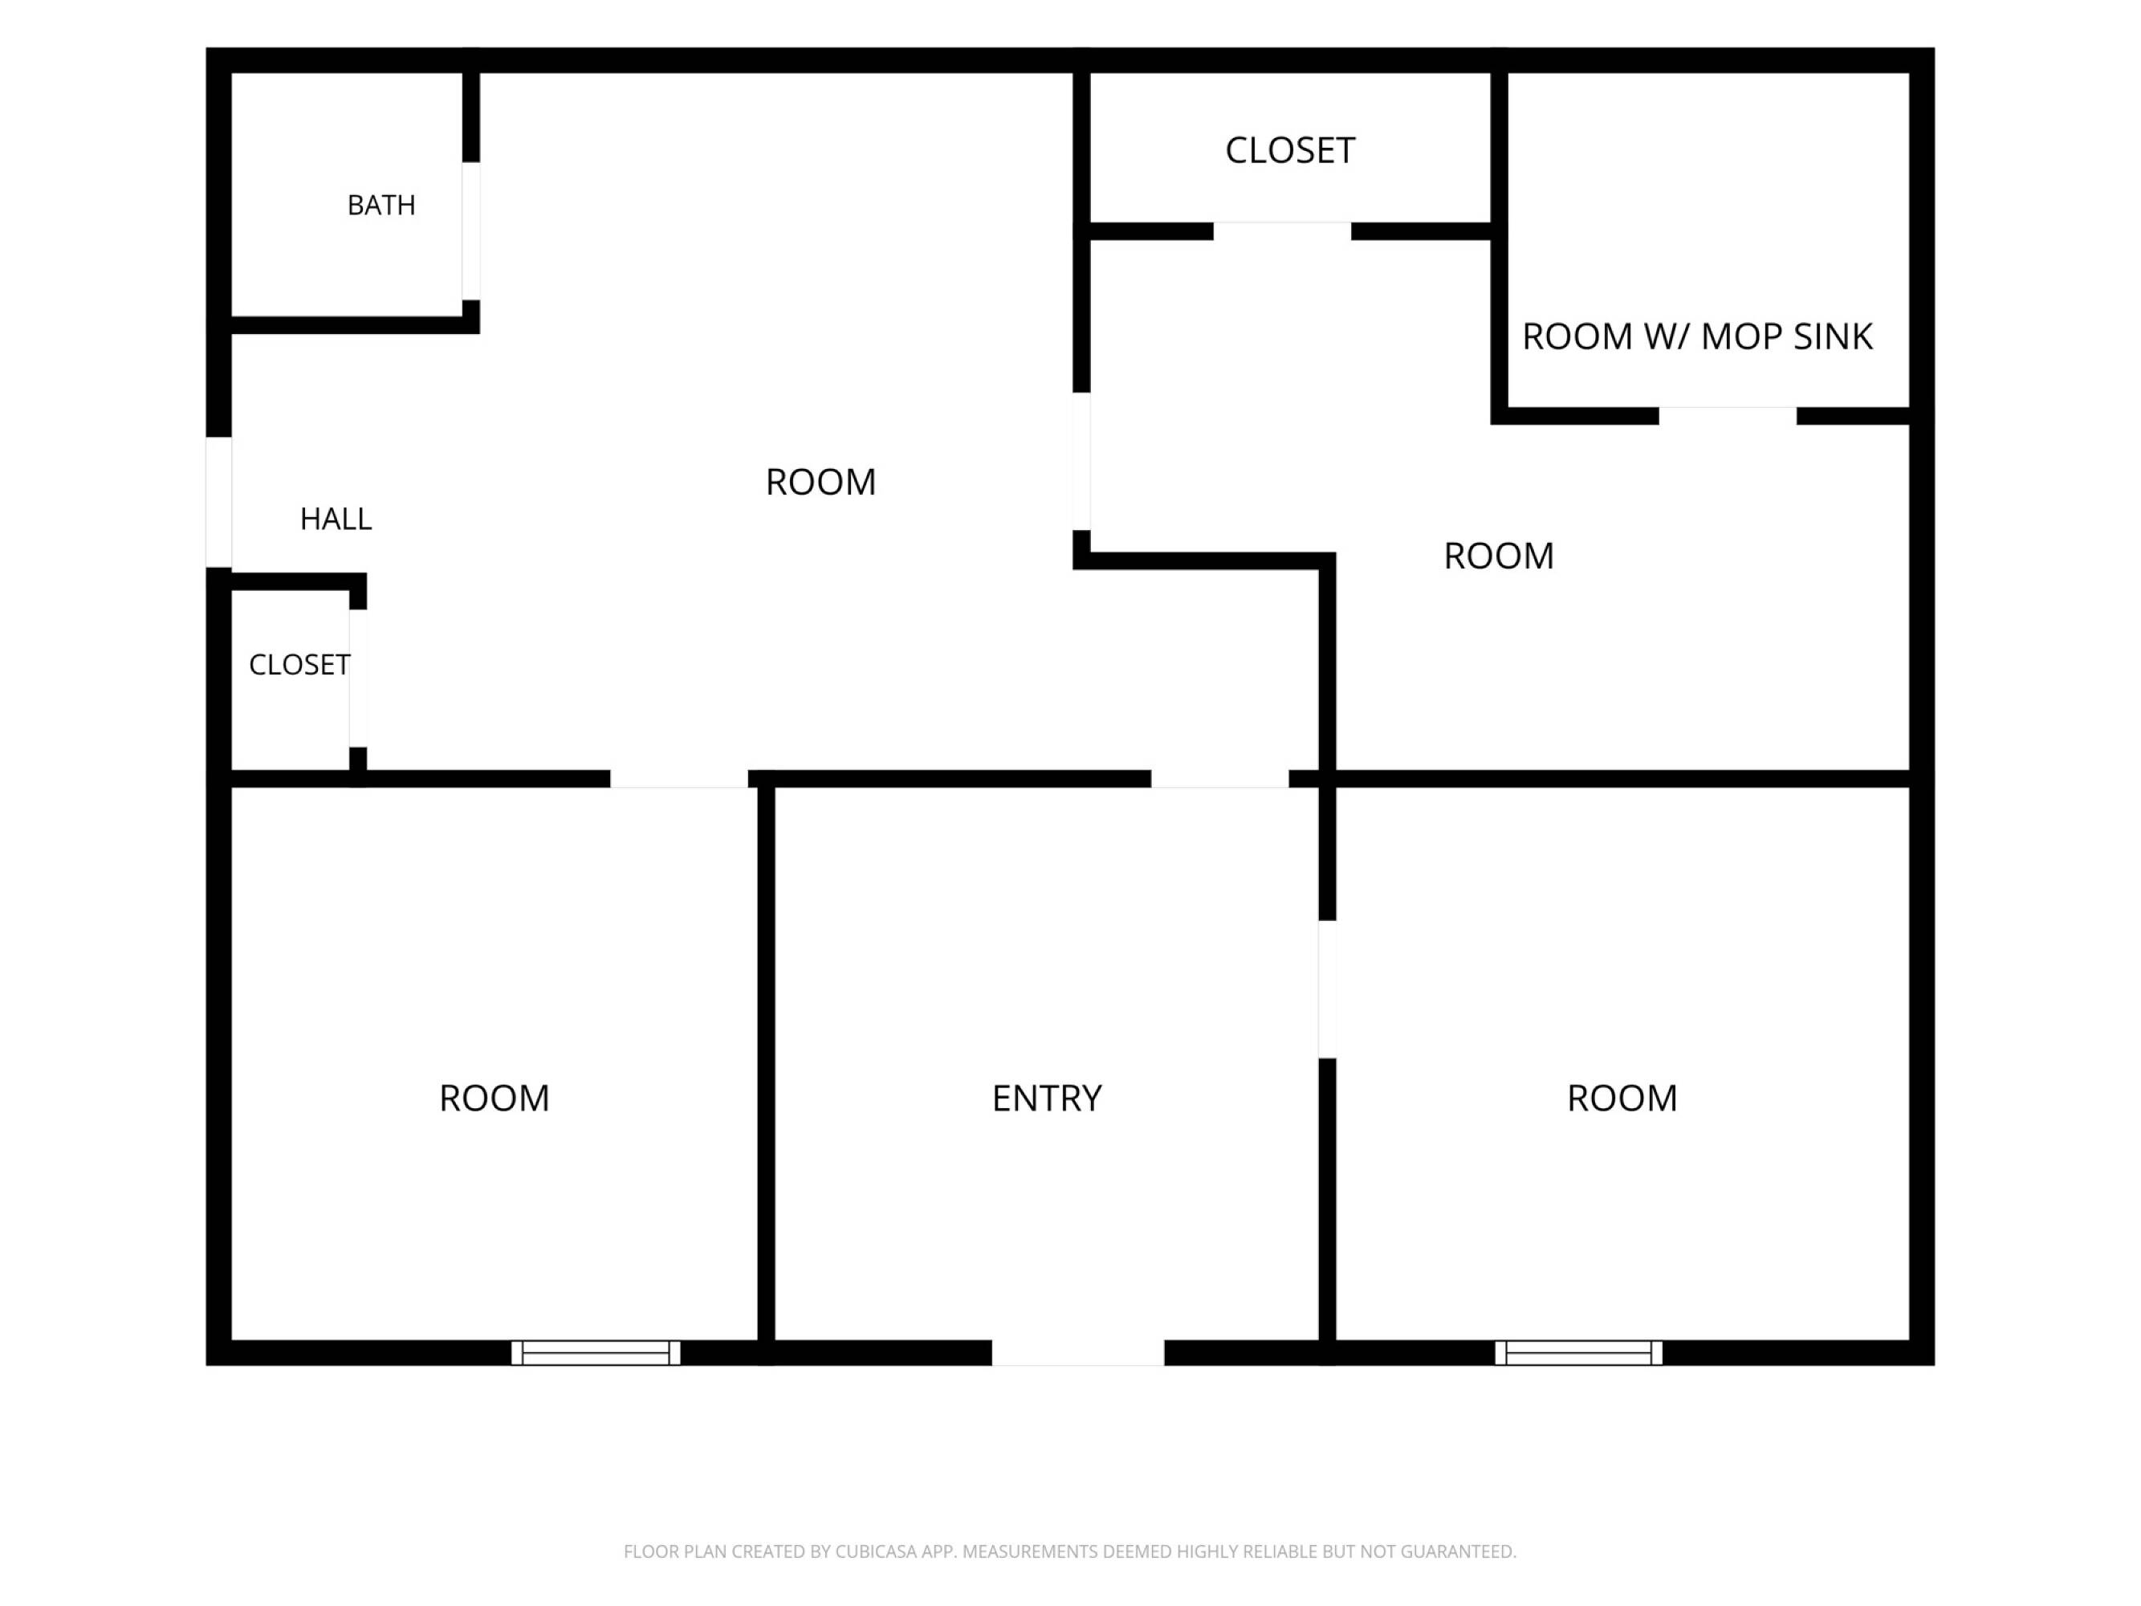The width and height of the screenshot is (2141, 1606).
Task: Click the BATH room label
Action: [381, 206]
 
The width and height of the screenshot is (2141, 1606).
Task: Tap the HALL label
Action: [336, 519]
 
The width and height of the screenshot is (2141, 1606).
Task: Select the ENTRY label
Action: [1048, 1098]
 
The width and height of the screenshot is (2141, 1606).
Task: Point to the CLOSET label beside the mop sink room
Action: [1290, 150]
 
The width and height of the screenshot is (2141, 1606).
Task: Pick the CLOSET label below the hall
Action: [299, 664]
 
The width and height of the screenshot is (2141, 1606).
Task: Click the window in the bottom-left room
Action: [596, 1352]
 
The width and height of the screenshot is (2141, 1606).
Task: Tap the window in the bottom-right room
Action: [1578, 1352]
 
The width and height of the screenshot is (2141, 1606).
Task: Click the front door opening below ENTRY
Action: [1078, 1352]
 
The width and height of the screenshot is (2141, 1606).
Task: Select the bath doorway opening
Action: [470, 231]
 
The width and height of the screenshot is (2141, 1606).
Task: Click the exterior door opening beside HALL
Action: [218, 503]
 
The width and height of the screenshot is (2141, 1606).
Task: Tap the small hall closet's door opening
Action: [358, 678]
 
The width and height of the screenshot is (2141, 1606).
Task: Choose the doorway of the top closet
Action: [1283, 231]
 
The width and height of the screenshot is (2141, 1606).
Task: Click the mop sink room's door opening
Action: [1728, 416]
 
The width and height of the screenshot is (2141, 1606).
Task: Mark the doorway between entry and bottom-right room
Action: [1328, 989]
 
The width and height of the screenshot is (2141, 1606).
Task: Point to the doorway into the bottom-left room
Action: [679, 779]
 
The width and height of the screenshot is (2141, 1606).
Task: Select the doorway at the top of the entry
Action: [1219, 779]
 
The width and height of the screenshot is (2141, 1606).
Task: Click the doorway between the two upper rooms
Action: [1081, 461]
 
